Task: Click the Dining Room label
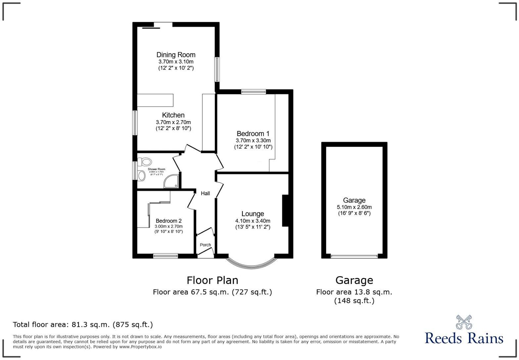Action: coord(176,55)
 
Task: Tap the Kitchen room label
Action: coord(173,115)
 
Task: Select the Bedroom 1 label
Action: coord(253,134)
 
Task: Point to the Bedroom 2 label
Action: coord(168,221)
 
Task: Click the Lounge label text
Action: coord(253,214)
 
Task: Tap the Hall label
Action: coord(205,194)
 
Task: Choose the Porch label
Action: coord(205,245)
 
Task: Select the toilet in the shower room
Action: coord(145,162)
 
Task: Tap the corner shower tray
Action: coord(171,182)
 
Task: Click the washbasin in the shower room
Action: coord(142,176)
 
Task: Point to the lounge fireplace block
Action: coord(285,211)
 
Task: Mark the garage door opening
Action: coord(354,256)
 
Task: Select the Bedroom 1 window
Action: coord(254,92)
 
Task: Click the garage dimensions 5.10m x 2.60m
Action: coord(354,207)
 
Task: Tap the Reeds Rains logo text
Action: coord(464,338)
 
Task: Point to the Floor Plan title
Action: coord(212,280)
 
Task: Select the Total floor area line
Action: coord(83,325)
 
